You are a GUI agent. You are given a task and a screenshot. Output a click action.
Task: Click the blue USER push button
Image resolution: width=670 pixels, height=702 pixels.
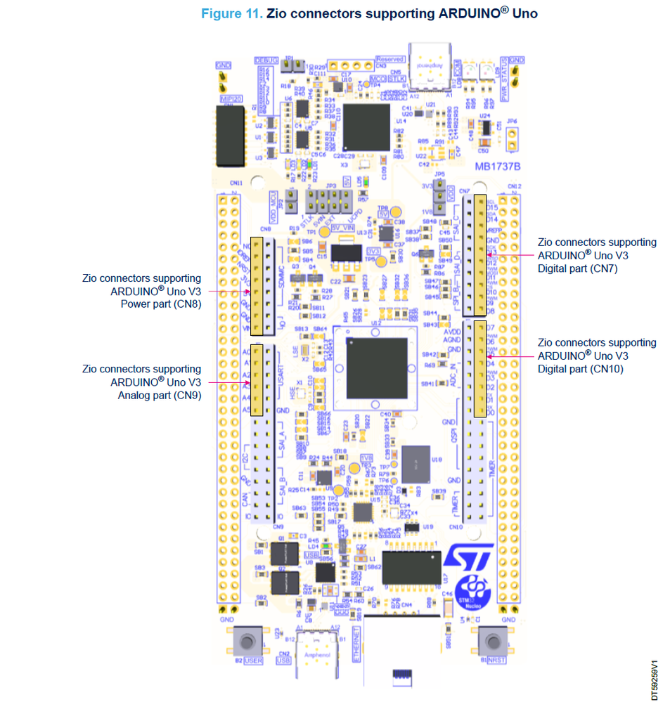pyautogui.click(x=247, y=642)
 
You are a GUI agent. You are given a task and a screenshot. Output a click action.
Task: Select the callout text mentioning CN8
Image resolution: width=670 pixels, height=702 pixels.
pyautogui.click(x=141, y=292)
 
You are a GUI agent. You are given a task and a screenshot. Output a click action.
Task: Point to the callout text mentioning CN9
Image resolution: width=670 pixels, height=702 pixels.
pyautogui.click(x=141, y=382)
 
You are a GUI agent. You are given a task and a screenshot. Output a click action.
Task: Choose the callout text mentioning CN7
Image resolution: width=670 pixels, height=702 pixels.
pyautogui.click(x=596, y=254)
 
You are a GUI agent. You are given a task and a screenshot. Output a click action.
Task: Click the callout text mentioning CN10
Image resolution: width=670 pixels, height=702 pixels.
pyautogui.click(x=596, y=356)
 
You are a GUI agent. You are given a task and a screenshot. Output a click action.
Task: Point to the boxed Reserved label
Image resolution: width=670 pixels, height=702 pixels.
pyautogui.click(x=389, y=60)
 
